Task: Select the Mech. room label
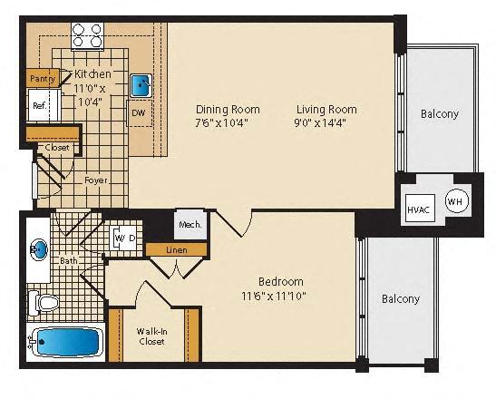(x=190, y=223)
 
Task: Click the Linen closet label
(x=176, y=248)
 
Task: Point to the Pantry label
(x=42, y=80)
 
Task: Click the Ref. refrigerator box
(x=40, y=105)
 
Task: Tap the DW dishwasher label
(x=139, y=114)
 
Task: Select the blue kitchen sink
(x=141, y=85)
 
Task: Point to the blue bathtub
(x=64, y=344)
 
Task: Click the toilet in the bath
(x=42, y=302)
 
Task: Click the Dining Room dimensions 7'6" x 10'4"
(x=221, y=122)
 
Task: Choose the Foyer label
(x=95, y=180)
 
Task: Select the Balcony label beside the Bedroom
(x=400, y=298)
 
